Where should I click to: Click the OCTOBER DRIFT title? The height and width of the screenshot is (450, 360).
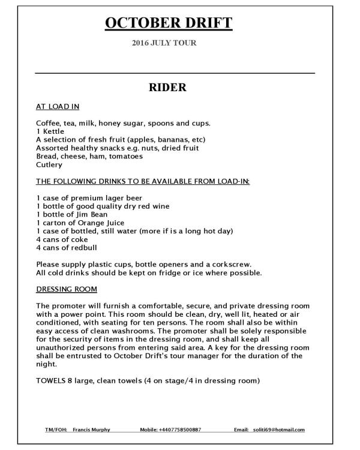click(168, 23)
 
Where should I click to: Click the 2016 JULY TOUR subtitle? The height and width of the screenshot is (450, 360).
click(164, 43)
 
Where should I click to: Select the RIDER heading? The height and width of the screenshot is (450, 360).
click(168, 88)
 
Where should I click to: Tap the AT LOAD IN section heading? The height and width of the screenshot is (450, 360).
click(58, 107)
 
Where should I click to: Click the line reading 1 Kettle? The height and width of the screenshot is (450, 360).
click(49, 131)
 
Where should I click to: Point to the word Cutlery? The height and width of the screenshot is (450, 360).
click(49, 164)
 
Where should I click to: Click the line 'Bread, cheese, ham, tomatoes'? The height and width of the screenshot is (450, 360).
click(89, 156)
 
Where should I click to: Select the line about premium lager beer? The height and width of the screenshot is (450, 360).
click(89, 197)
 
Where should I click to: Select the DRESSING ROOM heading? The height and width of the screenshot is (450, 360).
click(67, 289)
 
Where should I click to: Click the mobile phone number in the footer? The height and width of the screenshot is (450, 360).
click(179, 430)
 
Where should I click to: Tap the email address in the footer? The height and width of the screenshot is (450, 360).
click(277, 430)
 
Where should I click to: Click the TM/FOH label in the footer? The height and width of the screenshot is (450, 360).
click(55, 430)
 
